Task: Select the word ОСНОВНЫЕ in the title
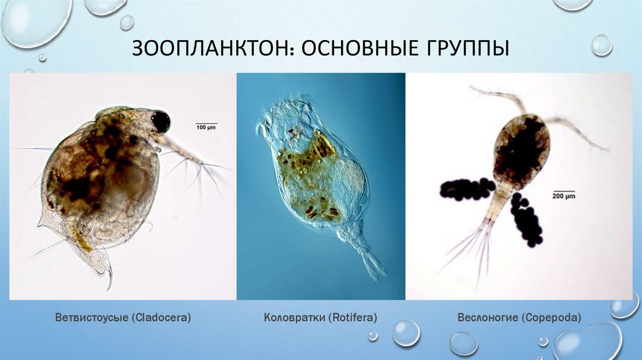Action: (x=354, y=49)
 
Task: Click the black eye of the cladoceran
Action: (x=160, y=121)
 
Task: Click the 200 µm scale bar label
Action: (x=564, y=196)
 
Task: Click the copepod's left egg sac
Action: (x=467, y=189)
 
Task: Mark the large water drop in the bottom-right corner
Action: (x=586, y=342)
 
